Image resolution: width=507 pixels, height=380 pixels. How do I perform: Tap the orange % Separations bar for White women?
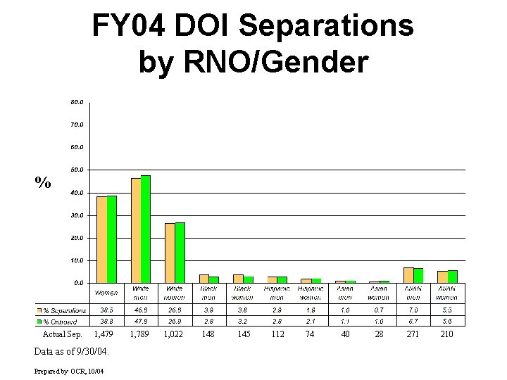coord(170,253)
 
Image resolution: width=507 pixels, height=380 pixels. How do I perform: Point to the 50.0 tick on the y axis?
coord(77,170)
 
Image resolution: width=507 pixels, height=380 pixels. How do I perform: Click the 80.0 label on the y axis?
coord(77,102)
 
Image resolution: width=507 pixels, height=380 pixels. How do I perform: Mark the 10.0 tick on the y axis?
coord(77,260)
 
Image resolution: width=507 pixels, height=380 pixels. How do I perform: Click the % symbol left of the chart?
coord(43,183)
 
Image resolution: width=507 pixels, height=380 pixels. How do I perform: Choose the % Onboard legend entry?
coord(59,321)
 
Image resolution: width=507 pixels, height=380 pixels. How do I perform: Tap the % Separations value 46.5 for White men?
coord(140,310)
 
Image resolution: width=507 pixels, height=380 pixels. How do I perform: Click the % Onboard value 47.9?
coord(140,321)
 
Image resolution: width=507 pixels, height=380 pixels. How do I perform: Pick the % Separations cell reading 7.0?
coord(413,310)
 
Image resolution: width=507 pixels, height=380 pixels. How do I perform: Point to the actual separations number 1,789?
coord(140,334)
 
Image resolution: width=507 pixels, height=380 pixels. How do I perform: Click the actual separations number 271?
coord(413,334)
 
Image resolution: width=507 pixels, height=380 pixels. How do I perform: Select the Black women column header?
coord(243,293)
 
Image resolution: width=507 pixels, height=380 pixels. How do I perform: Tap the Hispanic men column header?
coord(277,293)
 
